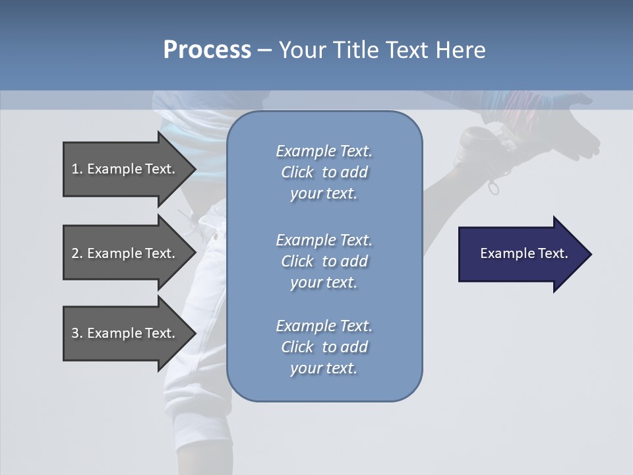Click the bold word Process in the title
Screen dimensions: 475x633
(x=207, y=50)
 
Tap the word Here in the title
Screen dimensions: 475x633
(x=460, y=50)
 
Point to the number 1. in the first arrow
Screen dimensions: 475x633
(x=76, y=169)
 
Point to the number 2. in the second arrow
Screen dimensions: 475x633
(x=76, y=253)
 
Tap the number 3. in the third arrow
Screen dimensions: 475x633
(x=76, y=333)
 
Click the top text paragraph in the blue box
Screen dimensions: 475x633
(x=324, y=172)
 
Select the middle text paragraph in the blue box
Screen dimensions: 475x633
(x=324, y=261)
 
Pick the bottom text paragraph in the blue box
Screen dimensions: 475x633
(x=324, y=347)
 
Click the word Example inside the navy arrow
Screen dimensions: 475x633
(x=502, y=253)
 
